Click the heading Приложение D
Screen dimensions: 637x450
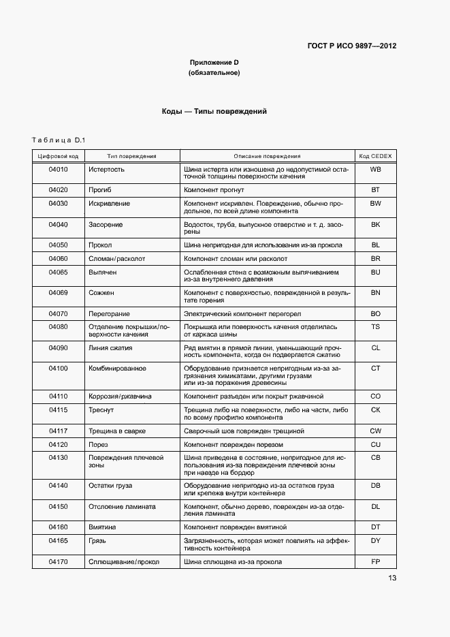tap(214, 63)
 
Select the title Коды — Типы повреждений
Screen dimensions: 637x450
tap(214, 111)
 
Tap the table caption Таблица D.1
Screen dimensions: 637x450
tap(58, 140)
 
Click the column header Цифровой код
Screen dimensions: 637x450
tap(58, 156)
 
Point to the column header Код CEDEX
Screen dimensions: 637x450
tap(374, 156)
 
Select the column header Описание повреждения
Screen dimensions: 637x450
tap(267, 156)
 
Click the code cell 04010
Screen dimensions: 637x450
tap(58, 169)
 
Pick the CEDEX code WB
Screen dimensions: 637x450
tap(374, 169)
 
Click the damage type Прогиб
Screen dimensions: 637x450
tap(100, 190)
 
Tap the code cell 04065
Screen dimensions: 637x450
tap(58, 272)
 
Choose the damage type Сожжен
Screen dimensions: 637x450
tap(101, 293)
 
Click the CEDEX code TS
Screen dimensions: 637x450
tap(374, 327)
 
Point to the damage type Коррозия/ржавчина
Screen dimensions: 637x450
tap(120, 397)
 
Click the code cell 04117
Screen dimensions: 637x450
tap(58, 431)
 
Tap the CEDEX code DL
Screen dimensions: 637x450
tap(374, 507)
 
